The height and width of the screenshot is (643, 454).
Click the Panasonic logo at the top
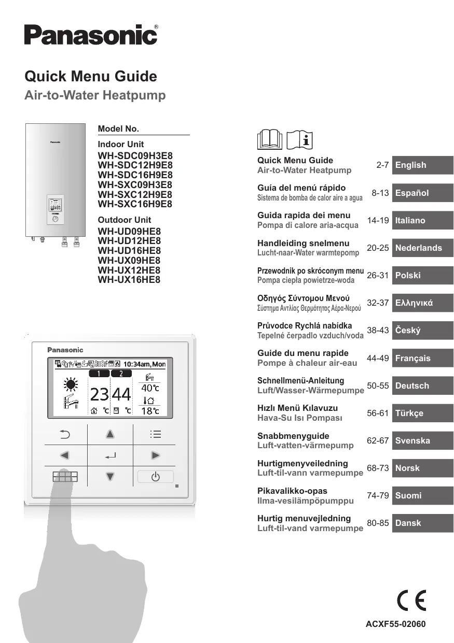tap(91, 35)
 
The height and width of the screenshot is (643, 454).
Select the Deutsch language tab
tap(422, 385)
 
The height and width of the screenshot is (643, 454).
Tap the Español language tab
tap(422, 193)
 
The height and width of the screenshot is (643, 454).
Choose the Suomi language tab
tap(422, 495)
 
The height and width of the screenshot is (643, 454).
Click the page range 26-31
tap(378, 275)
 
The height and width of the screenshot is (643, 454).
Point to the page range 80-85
tap(378, 523)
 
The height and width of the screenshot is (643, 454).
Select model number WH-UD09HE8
tap(129, 232)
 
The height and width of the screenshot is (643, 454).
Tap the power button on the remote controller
tap(155, 477)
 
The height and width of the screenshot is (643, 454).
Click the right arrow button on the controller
tap(155, 455)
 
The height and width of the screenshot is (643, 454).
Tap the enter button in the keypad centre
tap(110, 455)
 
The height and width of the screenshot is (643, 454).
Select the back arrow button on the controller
tap(65, 434)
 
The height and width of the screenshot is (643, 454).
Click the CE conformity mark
tap(411, 601)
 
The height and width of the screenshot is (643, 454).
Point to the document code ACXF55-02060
tap(395, 624)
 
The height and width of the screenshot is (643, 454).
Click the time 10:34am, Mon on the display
tap(144, 364)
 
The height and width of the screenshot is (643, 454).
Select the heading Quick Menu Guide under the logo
tap(91, 77)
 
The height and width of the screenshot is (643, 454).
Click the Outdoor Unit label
tap(125, 220)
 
